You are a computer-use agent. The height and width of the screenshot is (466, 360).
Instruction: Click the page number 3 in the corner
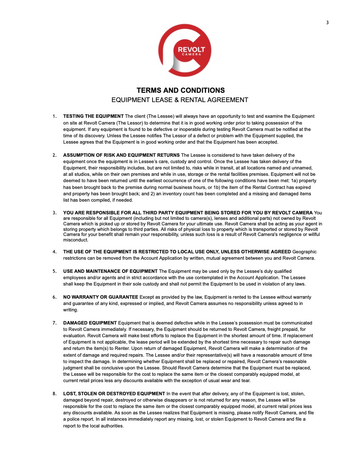point(327,23)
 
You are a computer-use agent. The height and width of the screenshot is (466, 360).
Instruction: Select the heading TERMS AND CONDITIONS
point(180,90)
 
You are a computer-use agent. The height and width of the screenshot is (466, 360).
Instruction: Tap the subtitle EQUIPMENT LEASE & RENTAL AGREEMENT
point(180,100)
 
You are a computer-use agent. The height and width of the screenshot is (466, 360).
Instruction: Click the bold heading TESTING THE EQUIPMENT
point(93,116)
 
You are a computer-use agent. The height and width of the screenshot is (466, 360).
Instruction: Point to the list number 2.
point(55,155)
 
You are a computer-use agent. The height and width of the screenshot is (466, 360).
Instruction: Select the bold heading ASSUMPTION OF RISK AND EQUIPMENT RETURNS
point(121,155)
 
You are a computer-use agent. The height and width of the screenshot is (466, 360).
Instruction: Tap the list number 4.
point(55,252)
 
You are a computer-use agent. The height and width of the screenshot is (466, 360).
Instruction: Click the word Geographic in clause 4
point(305,252)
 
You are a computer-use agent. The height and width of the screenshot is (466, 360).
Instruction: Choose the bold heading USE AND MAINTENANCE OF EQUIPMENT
point(110,271)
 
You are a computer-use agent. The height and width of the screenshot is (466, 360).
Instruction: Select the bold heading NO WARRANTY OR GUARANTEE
point(100,297)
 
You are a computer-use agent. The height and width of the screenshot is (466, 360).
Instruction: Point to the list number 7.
point(55,323)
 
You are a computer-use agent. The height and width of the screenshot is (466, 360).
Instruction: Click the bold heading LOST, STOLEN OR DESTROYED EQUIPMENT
point(114,394)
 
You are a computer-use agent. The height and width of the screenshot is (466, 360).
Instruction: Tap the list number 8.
point(55,394)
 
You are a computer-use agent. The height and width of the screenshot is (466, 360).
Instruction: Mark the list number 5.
point(55,271)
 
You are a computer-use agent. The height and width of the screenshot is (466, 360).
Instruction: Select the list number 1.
point(54,116)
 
